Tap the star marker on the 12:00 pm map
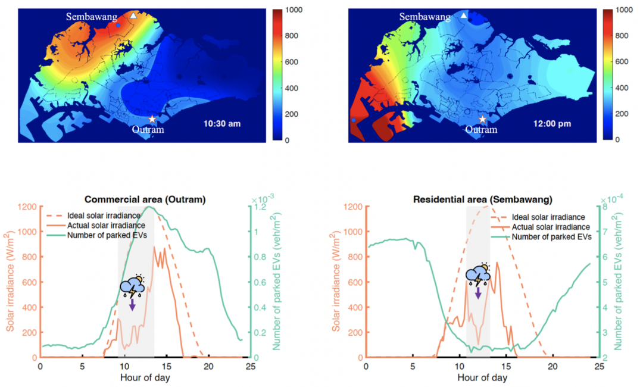[482, 119]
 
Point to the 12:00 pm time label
[553, 124]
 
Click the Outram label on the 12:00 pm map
[481, 130]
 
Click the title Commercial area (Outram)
[145, 199]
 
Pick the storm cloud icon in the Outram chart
[132, 286]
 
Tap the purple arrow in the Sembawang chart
[478, 293]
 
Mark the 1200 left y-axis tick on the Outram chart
[27, 207]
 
